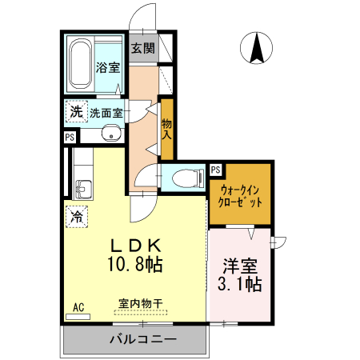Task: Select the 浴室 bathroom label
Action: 107,68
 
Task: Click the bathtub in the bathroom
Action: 81,63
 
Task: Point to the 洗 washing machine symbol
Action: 75,112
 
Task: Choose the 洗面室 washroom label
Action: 106,113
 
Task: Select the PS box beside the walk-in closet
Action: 215,169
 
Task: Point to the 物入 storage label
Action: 166,128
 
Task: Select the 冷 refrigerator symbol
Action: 77,215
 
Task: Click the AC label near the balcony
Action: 78,306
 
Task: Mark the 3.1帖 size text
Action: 240,284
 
